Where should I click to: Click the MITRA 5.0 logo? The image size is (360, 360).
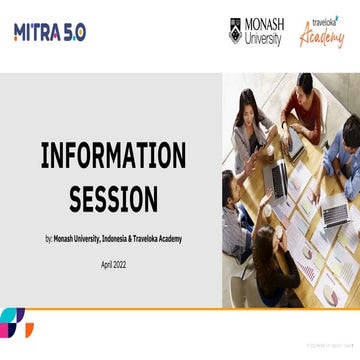50,32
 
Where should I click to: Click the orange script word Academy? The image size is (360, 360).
322,37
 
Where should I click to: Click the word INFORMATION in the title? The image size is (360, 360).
113,156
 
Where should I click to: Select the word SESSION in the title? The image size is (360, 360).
113,199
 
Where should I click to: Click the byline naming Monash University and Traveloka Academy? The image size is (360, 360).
113,239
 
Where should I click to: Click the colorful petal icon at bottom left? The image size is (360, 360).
14,322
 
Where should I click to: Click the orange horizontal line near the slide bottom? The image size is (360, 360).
180,308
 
